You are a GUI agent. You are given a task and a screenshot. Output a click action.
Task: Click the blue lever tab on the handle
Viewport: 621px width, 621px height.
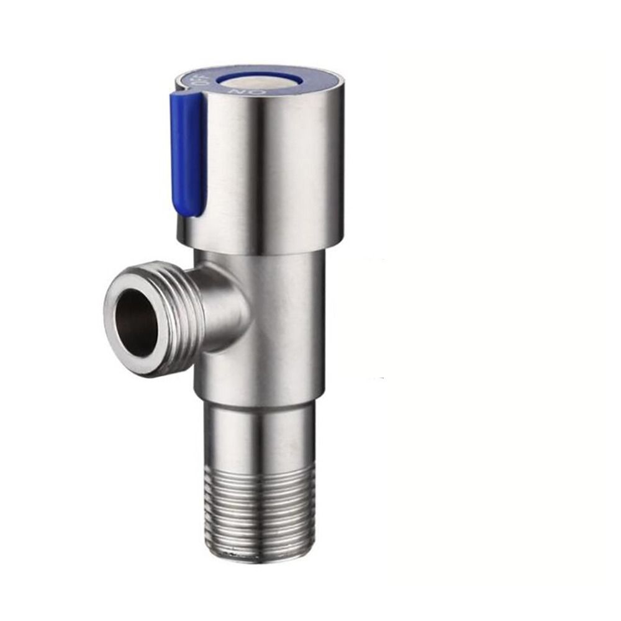[x=188, y=155]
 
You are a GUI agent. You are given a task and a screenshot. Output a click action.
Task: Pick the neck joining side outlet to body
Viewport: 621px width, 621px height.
[x=224, y=304]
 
